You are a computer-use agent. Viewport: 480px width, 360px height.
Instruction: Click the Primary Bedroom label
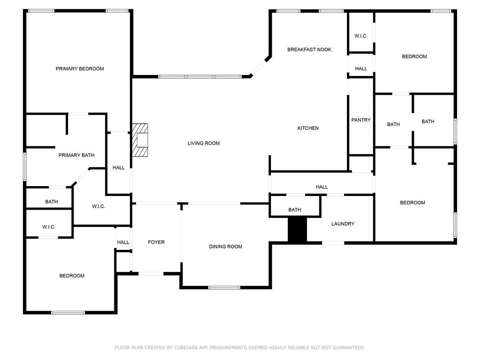click(x=80, y=69)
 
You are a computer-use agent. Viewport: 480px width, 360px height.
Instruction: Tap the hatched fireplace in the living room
click(x=140, y=140)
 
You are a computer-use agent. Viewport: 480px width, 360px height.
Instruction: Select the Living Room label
click(x=203, y=143)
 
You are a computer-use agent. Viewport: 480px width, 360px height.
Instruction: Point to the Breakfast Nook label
click(x=309, y=50)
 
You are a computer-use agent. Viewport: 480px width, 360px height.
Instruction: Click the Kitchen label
click(x=308, y=128)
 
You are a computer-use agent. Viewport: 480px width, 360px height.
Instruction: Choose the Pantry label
click(x=361, y=120)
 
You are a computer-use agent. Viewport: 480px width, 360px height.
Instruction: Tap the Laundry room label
click(x=343, y=224)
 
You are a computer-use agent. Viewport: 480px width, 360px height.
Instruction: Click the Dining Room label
click(x=225, y=247)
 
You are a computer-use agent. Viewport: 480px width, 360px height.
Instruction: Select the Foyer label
click(x=156, y=242)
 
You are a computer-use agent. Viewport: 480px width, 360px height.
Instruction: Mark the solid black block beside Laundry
click(x=297, y=230)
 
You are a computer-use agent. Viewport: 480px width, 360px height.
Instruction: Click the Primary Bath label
click(x=76, y=155)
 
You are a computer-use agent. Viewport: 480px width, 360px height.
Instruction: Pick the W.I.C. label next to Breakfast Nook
click(x=360, y=36)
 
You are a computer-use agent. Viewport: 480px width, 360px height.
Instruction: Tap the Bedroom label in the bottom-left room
click(x=72, y=276)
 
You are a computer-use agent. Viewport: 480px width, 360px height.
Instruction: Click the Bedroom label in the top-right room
click(x=414, y=57)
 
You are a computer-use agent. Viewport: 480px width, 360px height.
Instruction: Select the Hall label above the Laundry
click(x=322, y=187)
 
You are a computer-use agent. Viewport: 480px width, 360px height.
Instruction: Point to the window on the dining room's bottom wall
click(x=224, y=287)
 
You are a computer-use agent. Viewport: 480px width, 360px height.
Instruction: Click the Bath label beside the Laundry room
click(x=294, y=210)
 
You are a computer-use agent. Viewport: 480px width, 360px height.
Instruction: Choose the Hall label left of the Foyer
click(x=123, y=242)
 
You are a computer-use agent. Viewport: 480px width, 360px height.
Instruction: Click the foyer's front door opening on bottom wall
click(x=151, y=273)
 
